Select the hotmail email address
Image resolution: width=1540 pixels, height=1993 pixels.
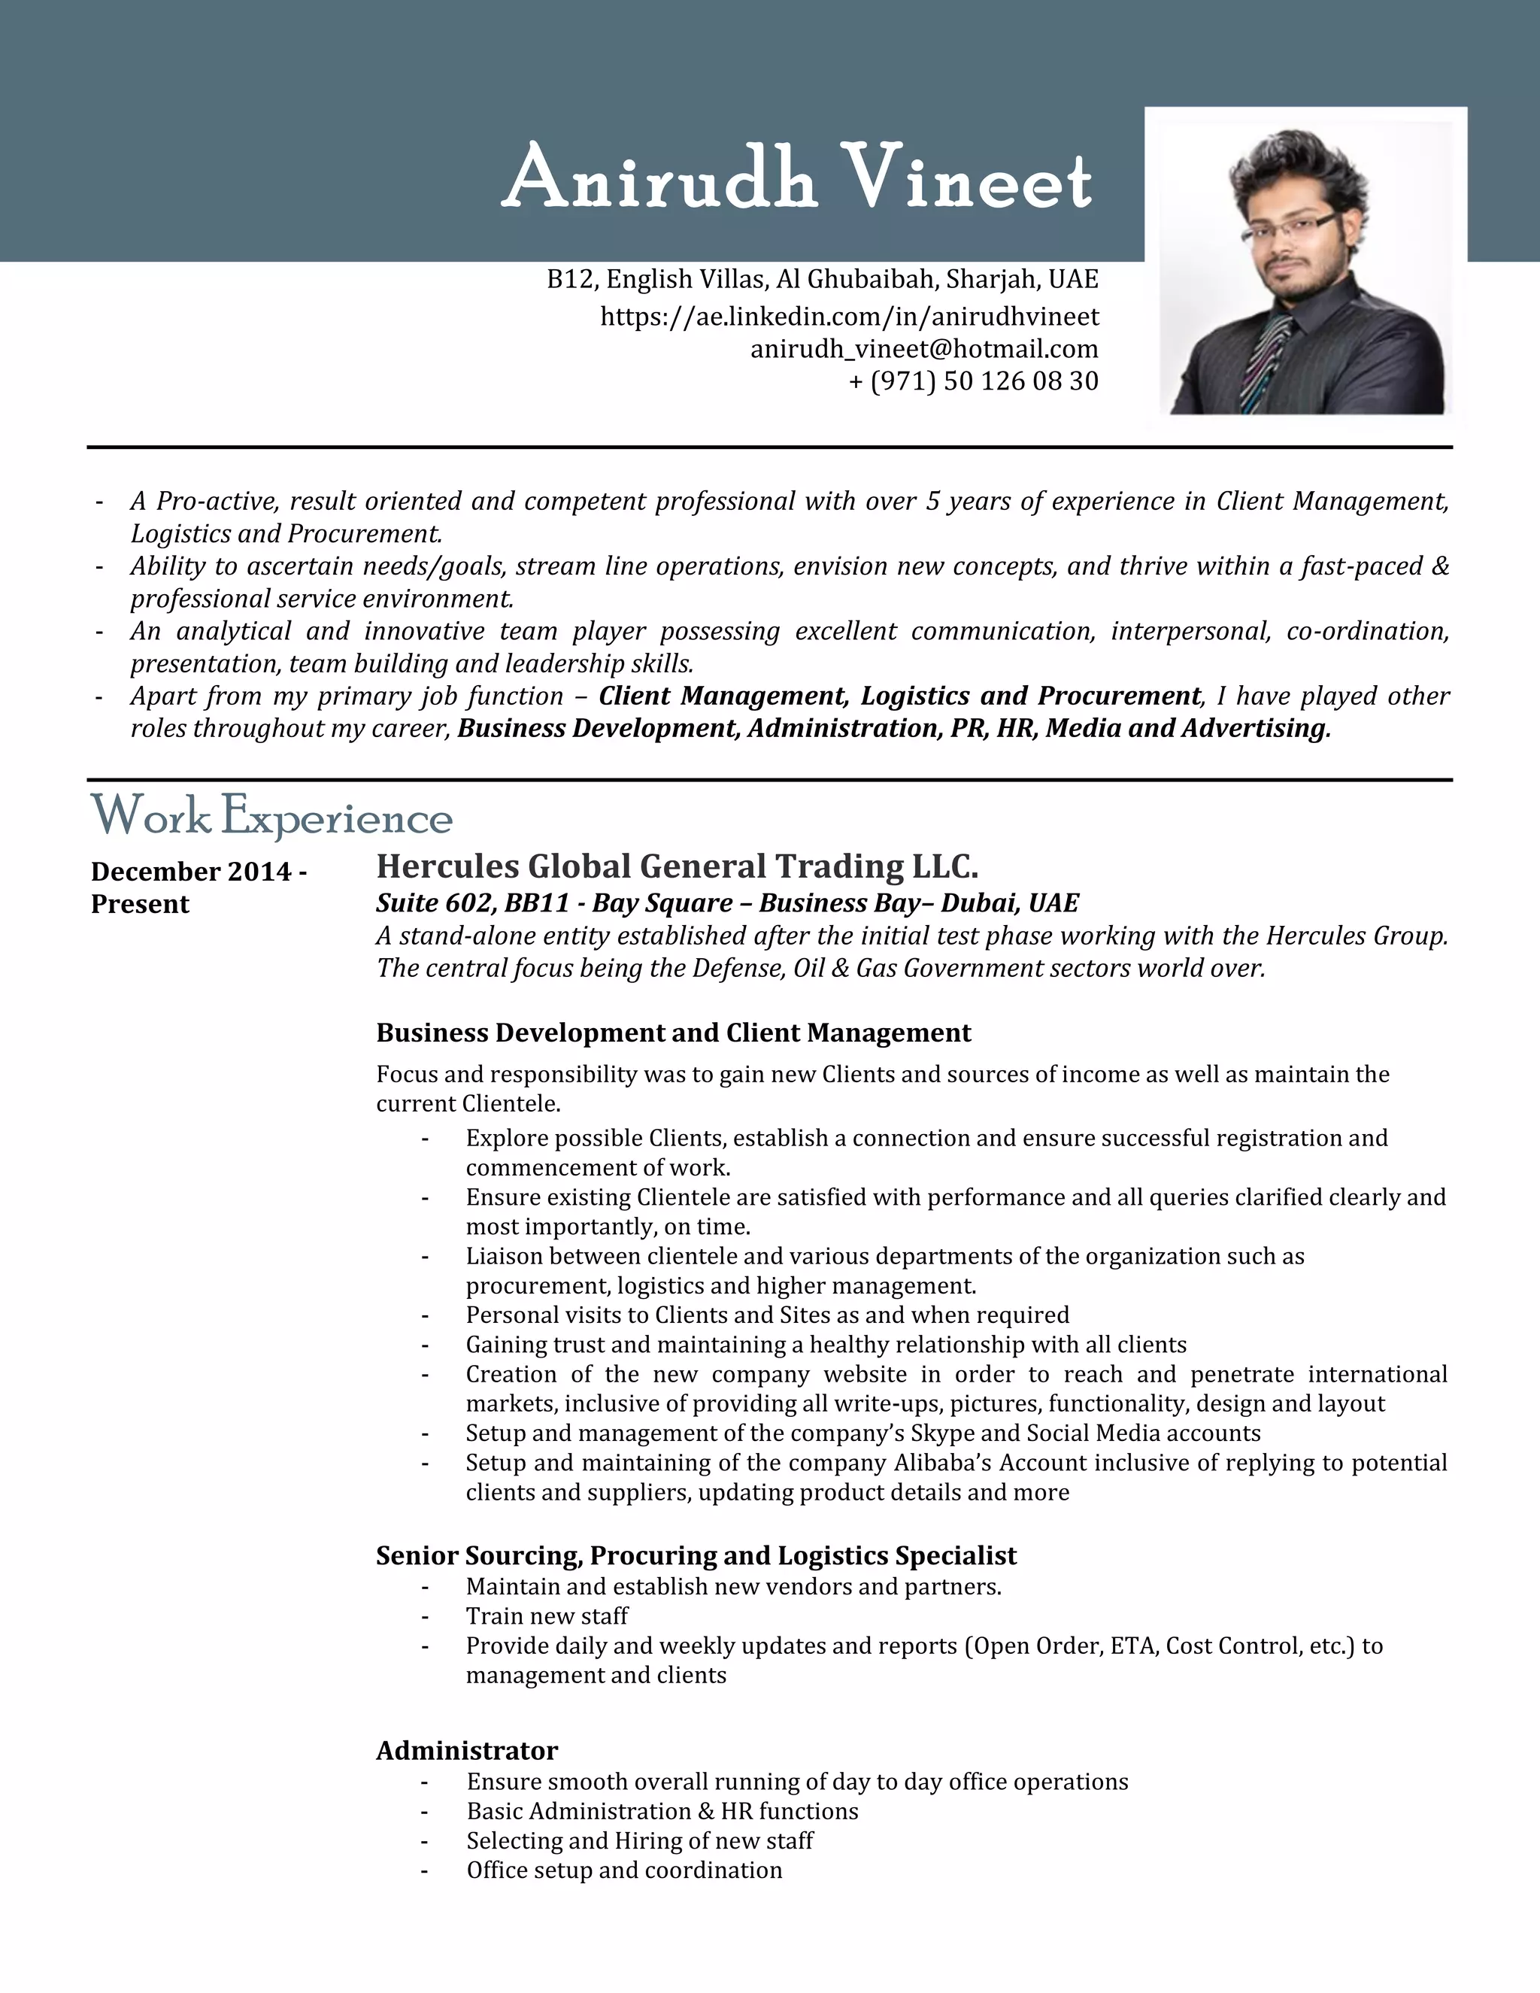[x=923, y=349]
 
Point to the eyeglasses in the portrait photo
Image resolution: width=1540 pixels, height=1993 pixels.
[x=1293, y=226]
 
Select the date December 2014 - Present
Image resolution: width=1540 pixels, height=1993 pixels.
[x=198, y=887]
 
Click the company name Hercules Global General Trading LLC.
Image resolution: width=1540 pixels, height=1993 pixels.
[x=677, y=865]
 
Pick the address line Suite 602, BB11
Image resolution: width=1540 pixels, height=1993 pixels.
[x=726, y=903]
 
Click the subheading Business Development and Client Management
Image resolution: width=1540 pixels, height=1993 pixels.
[x=673, y=1033]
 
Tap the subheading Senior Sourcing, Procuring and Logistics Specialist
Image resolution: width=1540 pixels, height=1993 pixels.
[x=696, y=1555]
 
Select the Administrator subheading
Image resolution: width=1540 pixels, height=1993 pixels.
[x=466, y=1750]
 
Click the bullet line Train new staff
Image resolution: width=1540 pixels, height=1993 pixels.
[x=547, y=1616]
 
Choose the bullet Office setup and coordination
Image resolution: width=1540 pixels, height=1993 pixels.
[x=624, y=1870]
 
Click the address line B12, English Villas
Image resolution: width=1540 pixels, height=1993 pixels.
[x=822, y=278]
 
